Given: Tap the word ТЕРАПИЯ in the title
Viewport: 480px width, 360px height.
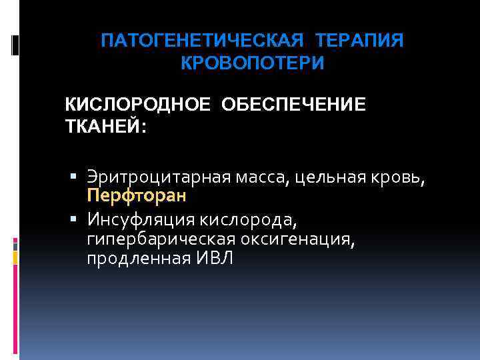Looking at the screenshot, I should [x=360, y=41].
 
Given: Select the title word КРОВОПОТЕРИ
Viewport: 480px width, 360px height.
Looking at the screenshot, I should [x=253, y=63].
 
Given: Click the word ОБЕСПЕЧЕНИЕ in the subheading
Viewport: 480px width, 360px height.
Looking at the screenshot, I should [x=291, y=105].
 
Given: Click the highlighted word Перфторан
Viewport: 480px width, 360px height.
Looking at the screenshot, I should [x=136, y=197].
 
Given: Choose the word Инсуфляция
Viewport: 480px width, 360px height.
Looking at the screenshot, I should [x=136, y=219].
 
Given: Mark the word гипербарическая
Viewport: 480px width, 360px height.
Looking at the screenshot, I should [x=159, y=239].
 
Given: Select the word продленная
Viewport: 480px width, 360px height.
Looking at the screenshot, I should [x=137, y=259].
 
